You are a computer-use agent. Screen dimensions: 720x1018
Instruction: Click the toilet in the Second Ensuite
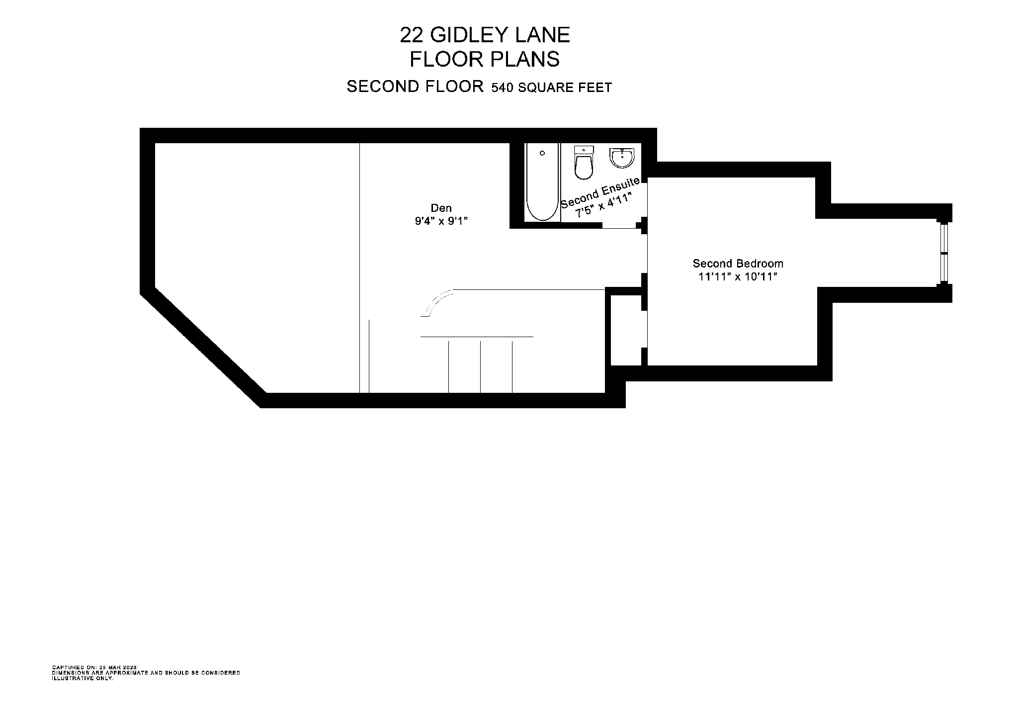point(584,163)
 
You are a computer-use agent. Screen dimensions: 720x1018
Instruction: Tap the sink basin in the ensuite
point(622,158)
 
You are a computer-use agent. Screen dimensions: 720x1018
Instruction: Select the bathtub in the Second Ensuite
point(542,183)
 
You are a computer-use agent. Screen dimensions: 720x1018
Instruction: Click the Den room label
point(441,208)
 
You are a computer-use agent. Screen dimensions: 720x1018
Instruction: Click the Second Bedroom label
point(738,264)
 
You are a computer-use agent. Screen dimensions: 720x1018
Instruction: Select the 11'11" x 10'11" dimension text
point(738,277)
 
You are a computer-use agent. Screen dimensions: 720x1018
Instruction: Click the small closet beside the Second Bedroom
point(626,330)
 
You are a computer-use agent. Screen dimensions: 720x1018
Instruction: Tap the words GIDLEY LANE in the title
point(500,35)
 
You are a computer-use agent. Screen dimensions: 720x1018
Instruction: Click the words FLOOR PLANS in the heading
point(484,60)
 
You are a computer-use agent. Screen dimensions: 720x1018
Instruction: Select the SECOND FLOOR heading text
point(415,87)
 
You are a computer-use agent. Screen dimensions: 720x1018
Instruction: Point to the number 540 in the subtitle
point(503,88)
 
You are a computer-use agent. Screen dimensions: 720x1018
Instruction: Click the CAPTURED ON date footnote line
point(94,667)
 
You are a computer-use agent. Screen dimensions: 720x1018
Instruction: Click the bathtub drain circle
point(542,153)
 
